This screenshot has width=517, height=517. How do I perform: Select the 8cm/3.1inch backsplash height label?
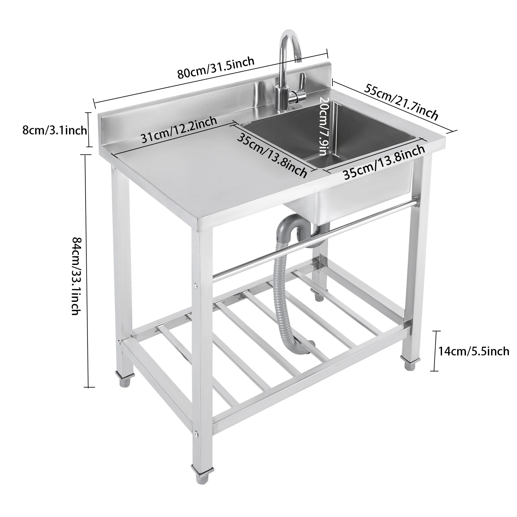click(x=54, y=130)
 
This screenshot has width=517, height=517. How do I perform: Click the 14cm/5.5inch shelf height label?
click(x=473, y=351)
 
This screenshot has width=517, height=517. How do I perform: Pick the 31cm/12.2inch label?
click(x=179, y=130)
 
